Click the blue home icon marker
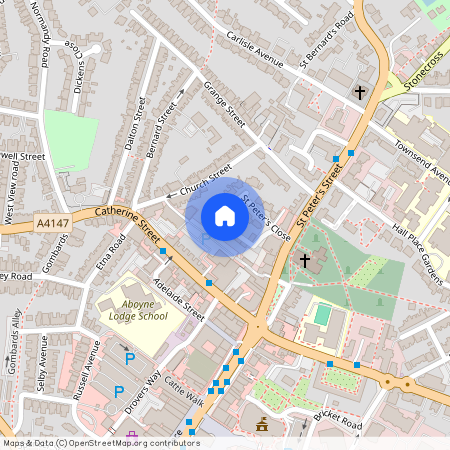point(225,215)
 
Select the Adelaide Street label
point(180,297)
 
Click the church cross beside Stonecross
point(360,92)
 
